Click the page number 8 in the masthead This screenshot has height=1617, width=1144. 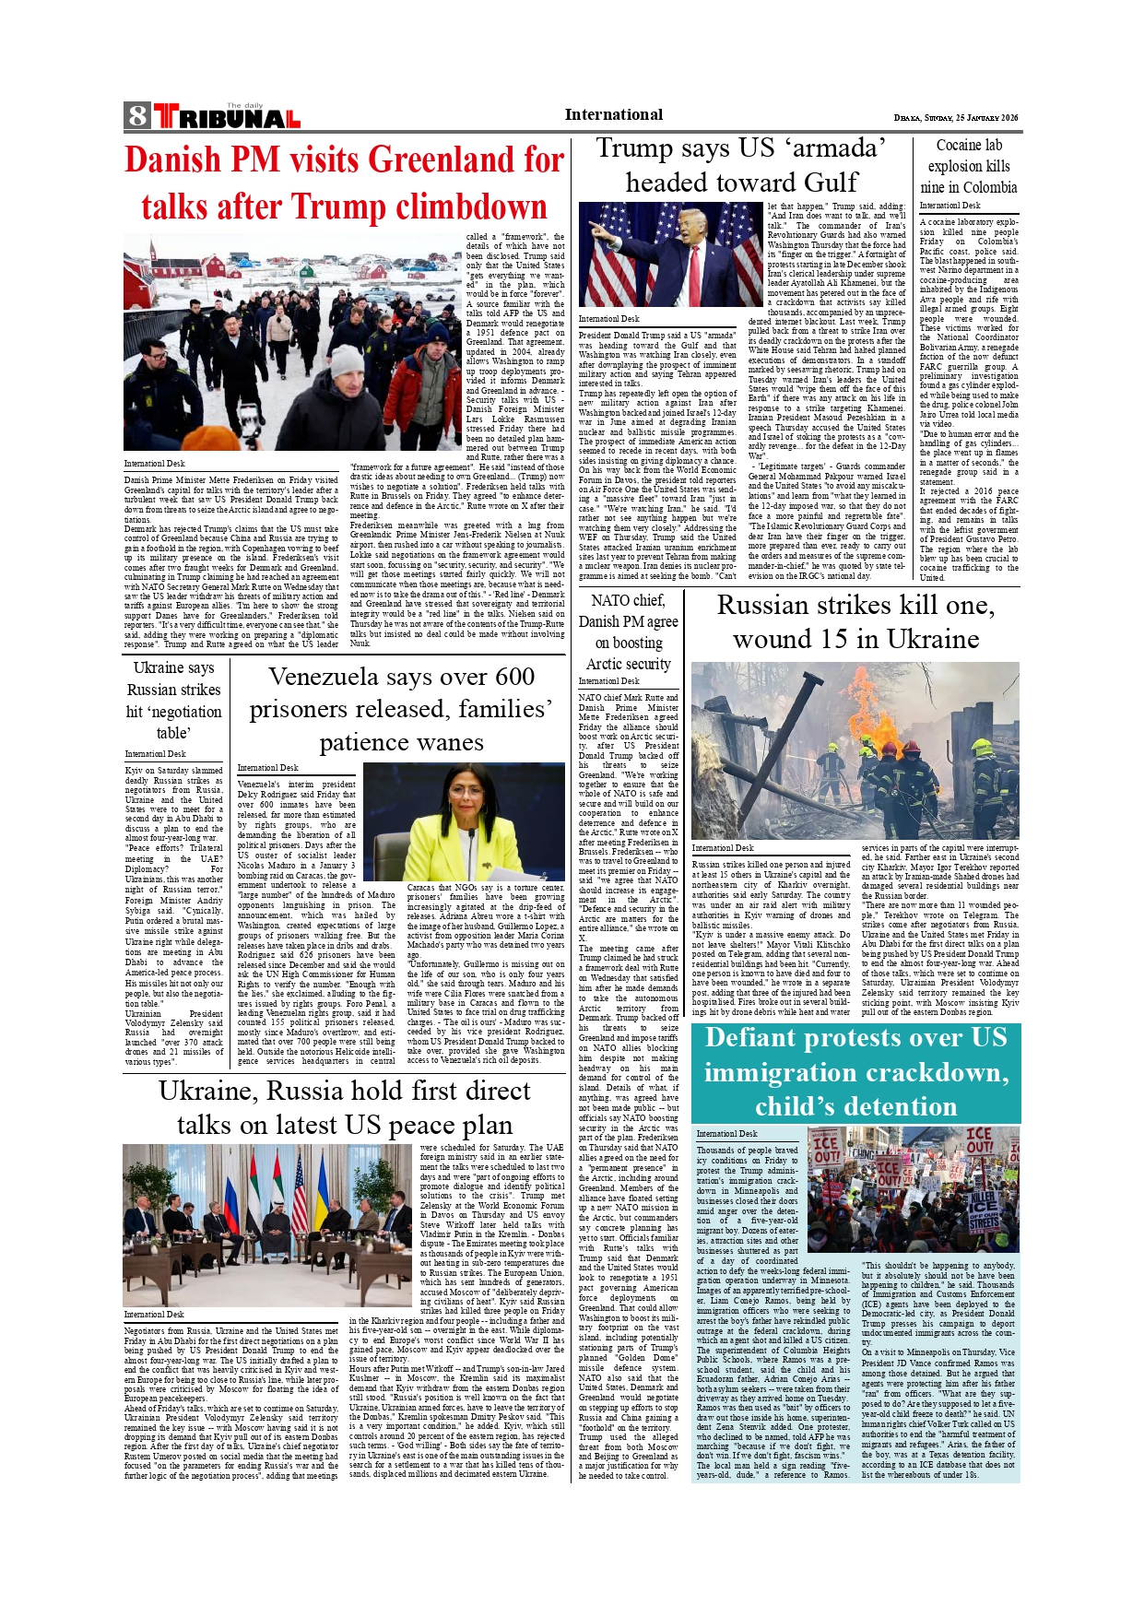[137, 116]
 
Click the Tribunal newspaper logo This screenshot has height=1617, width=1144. [227, 117]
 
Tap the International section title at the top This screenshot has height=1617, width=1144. [613, 115]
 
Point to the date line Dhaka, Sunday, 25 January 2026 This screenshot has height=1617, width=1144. [956, 118]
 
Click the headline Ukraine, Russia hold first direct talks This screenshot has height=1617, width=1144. [345, 1108]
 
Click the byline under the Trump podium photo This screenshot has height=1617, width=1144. [608, 319]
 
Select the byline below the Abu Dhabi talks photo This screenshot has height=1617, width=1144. [154, 1315]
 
